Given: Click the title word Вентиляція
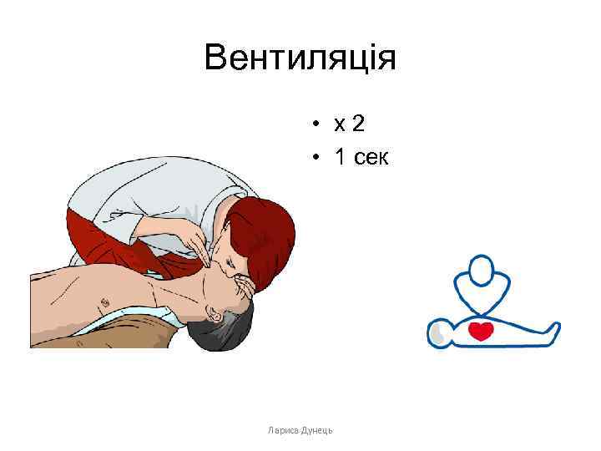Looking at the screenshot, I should click(x=300, y=59).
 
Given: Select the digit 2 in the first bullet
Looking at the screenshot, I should click(x=358, y=124).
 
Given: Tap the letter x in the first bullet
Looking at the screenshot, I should click(x=339, y=126).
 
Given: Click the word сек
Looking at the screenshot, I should click(x=371, y=158).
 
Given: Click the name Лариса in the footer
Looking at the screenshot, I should click(x=284, y=429).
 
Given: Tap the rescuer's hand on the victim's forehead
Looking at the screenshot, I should click(x=247, y=292).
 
